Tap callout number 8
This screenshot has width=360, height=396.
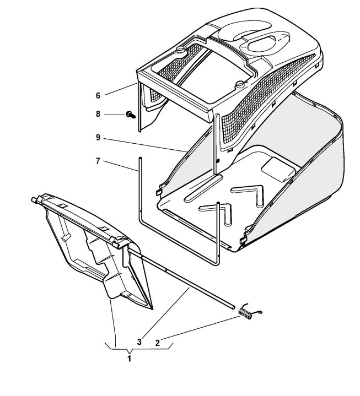(x=98, y=115)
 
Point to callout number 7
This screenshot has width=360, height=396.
(x=98, y=161)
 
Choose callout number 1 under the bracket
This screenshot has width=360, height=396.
(x=130, y=357)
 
